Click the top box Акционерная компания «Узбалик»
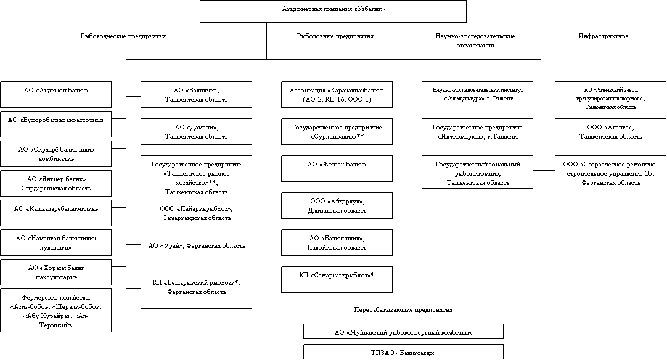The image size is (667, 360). point(333,11)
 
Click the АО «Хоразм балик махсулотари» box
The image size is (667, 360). point(55,272)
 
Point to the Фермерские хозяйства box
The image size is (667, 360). point(55,311)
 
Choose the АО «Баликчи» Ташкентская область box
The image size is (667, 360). point(196,94)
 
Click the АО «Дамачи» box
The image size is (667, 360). point(196,131)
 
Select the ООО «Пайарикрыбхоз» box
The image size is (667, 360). point(196,213)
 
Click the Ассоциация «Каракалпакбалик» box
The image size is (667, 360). point(337,94)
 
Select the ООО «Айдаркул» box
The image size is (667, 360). point(337,205)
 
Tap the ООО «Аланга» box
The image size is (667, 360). point(611,131)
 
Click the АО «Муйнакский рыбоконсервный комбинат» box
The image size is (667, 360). point(403,332)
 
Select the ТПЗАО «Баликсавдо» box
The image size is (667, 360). point(403,352)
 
